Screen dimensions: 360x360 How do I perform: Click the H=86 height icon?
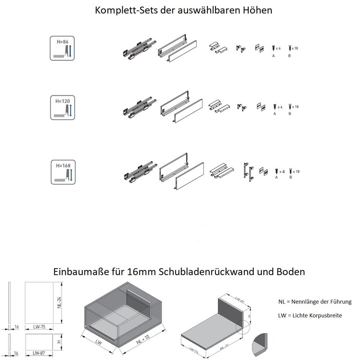click(x=61, y=49)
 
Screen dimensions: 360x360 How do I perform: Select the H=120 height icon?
click(x=61, y=107)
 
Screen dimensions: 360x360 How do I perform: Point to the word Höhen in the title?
click(x=257, y=10)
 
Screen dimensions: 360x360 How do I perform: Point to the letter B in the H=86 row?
click(x=289, y=56)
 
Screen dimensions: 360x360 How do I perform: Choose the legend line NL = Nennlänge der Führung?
click(x=315, y=301)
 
